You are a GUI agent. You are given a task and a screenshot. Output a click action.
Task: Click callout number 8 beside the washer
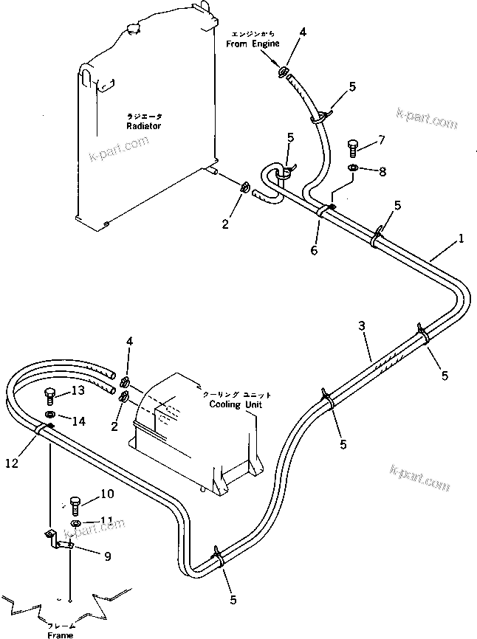381,172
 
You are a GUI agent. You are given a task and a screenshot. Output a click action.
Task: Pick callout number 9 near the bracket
107,557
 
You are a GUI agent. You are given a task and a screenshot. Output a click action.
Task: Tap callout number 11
106,520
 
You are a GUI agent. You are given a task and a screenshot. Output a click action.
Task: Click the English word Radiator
143,126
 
